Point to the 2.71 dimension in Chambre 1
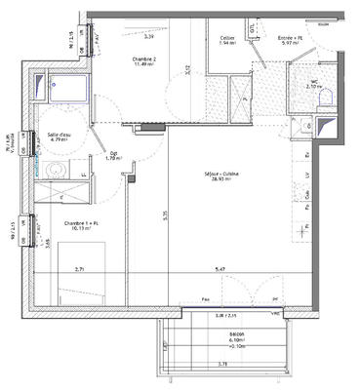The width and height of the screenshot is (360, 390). [x=84, y=266]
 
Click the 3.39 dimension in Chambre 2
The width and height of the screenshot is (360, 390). [x=149, y=36]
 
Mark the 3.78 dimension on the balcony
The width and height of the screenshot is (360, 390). [x=223, y=364]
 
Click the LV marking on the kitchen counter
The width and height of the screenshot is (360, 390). [x=310, y=177]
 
